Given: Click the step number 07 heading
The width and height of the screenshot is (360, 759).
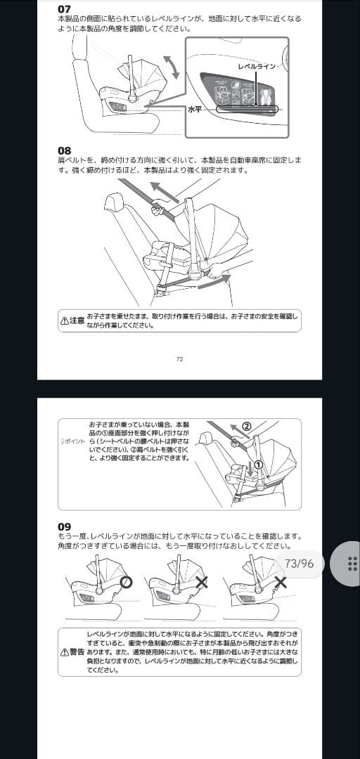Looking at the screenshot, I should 64,9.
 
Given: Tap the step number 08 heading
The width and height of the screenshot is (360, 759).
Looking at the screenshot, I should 64,150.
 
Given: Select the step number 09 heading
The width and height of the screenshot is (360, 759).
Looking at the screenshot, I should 64,526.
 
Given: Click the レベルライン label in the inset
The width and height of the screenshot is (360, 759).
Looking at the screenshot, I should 257,65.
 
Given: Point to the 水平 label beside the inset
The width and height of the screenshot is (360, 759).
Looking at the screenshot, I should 195,110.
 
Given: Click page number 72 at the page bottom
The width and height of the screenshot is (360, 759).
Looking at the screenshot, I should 179,359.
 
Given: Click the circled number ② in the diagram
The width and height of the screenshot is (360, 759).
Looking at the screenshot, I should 246,426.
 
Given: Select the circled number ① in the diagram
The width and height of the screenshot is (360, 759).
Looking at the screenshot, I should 258,465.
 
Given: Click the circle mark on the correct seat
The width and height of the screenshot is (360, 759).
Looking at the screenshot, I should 125,582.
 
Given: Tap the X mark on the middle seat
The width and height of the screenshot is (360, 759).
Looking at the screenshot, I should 202,582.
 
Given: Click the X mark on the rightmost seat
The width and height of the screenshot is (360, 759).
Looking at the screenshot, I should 281,582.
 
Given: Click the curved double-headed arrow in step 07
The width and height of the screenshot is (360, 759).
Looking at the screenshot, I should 169,69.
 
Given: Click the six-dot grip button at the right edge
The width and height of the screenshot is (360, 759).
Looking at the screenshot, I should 352,564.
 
